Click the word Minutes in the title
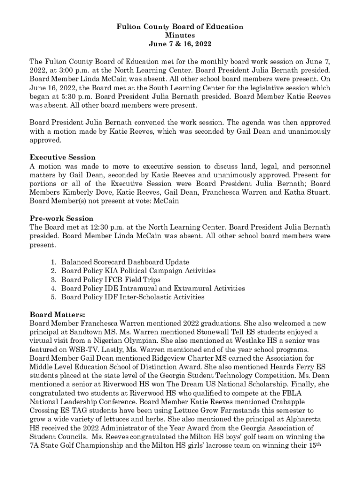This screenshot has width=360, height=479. pyautogui.click(x=180, y=36)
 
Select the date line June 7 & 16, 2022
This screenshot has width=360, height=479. pyautogui.click(x=180, y=44)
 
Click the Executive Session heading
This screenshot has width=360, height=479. pyautogui.click(x=63, y=157)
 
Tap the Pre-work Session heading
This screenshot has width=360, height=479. pyautogui.click(x=61, y=218)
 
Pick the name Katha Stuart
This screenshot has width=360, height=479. pyautogui.click(x=309, y=192)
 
